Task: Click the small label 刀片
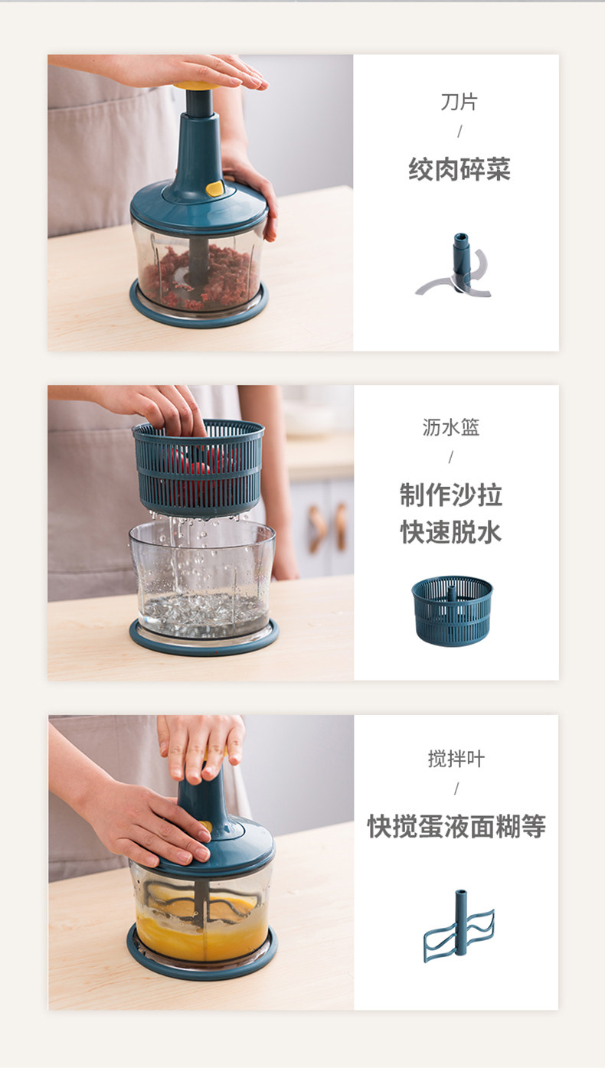pyautogui.click(x=459, y=102)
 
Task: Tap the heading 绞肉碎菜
pyautogui.click(x=459, y=169)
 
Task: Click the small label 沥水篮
pyautogui.click(x=450, y=427)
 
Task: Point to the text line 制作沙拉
pyautogui.click(x=451, y=495)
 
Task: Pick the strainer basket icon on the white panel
pyautogui.click(x=452, y=611)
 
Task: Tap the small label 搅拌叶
pyautogui.click(x=456, y=759)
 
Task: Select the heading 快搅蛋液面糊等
pyautogui.click(x=456, y=826)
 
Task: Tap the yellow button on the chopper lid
pyautogui.click(x=214, y=188)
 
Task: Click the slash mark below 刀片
pyautogui.click(x=459, y=131)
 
